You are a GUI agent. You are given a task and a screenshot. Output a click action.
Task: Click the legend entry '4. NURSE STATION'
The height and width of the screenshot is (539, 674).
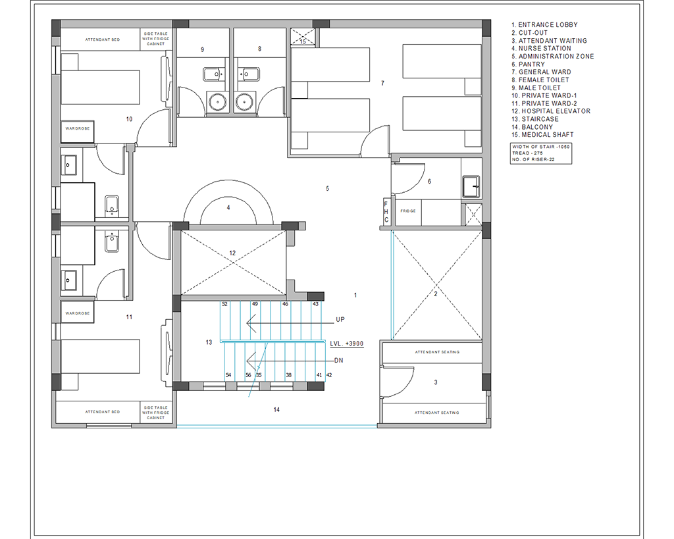[541, 49]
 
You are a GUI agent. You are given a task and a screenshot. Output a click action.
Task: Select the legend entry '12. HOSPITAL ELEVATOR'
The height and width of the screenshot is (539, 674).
[551, 111]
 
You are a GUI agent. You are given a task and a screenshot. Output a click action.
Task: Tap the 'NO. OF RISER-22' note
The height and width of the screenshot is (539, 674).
[533, 159]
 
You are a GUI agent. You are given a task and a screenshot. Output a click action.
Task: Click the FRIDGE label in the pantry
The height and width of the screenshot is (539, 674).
[408, 211]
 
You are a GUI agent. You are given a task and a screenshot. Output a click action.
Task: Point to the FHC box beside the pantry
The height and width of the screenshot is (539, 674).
[386, 212]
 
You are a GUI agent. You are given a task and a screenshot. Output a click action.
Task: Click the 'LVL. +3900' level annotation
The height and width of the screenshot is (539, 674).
[347, 344]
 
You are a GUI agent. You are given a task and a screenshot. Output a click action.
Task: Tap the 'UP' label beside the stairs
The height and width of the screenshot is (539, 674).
[340, 320]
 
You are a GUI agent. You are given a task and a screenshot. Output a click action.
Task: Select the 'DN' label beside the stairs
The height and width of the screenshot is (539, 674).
[339, 361]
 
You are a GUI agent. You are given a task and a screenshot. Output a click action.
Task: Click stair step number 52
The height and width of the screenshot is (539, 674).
[224, 304]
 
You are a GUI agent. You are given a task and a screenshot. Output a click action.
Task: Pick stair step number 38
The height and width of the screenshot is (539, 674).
[289, 375]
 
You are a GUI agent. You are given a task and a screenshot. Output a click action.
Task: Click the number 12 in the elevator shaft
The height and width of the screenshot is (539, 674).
[232, 253]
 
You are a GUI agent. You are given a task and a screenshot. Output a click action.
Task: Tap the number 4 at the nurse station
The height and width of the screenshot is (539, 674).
[228, 207]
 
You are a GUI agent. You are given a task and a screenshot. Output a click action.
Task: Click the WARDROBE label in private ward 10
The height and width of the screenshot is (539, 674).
[78, 128]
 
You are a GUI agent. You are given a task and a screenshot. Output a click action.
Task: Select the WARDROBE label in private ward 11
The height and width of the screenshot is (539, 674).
[78, 313]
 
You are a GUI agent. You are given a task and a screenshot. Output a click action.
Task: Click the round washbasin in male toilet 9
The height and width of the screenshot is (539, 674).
[218, 102]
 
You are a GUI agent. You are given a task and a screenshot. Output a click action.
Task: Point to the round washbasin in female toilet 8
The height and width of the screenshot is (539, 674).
[244, 102]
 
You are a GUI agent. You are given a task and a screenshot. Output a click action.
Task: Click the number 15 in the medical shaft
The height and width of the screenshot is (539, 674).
[303, 41]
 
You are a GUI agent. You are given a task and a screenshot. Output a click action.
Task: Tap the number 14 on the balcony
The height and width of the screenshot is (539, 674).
[276, 410]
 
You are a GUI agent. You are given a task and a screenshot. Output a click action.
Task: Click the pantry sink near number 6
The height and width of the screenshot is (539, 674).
[471, 187]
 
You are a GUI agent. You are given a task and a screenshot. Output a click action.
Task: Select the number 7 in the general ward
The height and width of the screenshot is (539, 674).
[382, 84]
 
